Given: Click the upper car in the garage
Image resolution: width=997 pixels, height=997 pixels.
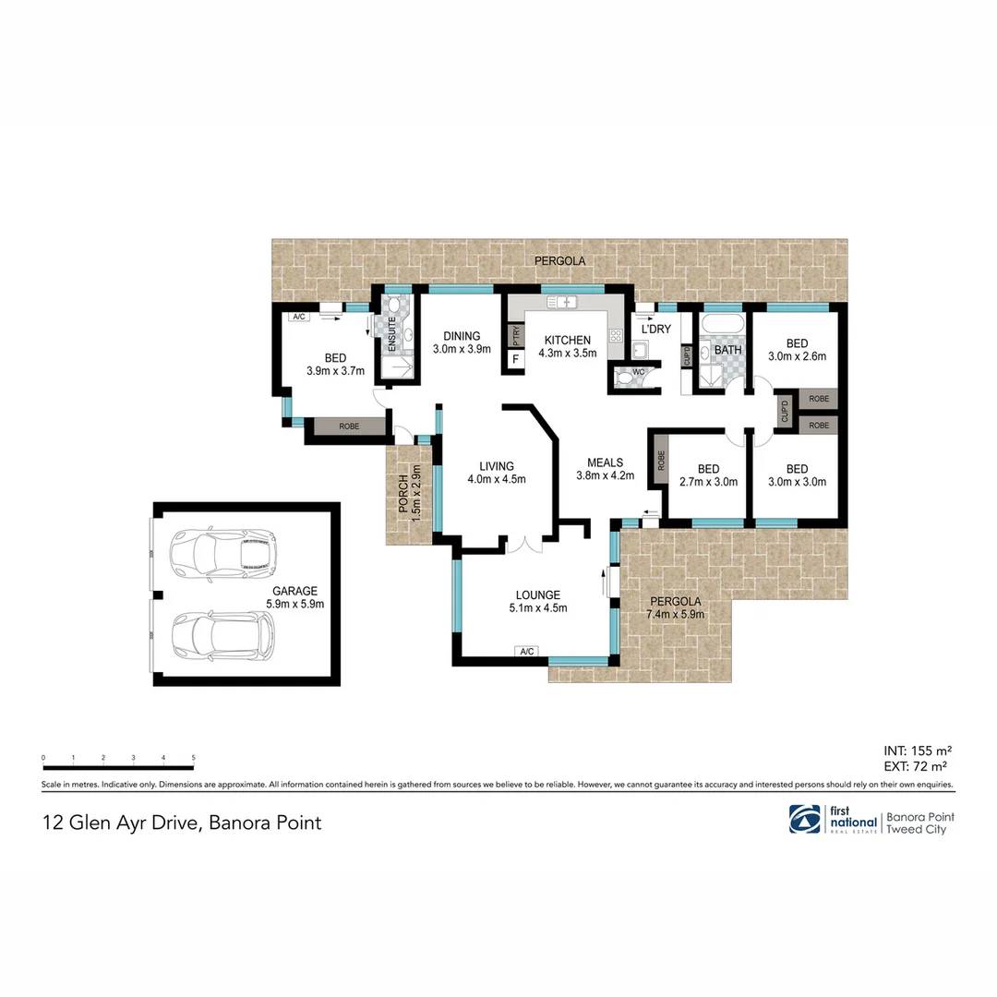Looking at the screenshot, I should pos(222,551).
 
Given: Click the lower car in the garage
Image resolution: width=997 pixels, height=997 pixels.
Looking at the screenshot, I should pos(222,635).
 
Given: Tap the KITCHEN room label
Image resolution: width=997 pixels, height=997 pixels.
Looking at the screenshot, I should pos(567,340).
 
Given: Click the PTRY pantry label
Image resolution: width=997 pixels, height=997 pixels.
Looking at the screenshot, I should pos(514,335).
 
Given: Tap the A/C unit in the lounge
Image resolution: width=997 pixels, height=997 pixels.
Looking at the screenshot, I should pos(527,652).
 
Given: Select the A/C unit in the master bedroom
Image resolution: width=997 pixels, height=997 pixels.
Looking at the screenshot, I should pos(298,317).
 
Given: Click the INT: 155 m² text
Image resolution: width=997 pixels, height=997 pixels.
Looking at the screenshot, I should pos(918,750).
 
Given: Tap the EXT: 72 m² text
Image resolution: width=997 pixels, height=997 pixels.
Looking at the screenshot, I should pos(918,765).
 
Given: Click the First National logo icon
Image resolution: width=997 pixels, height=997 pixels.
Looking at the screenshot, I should pos(805,819).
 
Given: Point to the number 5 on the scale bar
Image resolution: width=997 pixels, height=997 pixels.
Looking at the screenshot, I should pos(193,758).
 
